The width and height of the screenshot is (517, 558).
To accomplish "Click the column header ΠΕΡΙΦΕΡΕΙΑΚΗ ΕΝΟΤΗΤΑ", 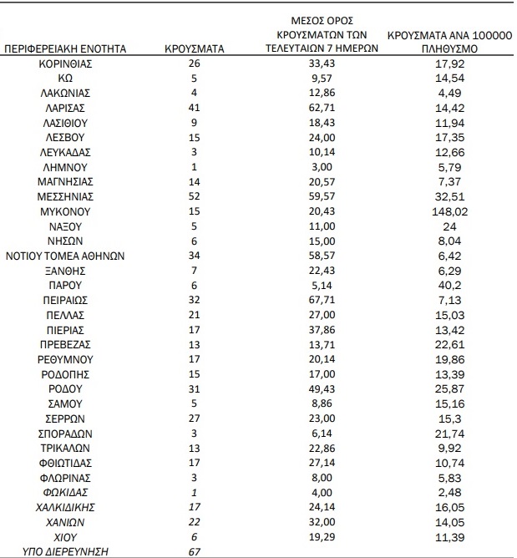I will pos(66,48).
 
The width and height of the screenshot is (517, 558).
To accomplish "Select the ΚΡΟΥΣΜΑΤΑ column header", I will pos(195,48).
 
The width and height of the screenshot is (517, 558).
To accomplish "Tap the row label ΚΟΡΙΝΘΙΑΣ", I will pos(65,63).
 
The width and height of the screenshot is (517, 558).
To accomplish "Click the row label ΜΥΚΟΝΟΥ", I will pos(65,211).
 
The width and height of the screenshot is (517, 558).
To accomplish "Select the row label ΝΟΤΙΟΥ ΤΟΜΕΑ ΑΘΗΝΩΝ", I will pos(66,256).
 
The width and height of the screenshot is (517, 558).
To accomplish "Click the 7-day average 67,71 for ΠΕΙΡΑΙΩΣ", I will pos(322,300).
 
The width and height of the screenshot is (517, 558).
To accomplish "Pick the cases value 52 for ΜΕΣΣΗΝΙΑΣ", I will pos(194,196).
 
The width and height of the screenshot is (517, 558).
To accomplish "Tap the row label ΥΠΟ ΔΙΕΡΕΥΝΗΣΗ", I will pos(65,551).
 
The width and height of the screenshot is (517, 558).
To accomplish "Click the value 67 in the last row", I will pos(194,551).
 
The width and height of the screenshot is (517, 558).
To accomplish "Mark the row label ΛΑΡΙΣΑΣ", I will pos(65,108).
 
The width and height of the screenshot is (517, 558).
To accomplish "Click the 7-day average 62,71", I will pos(322,108).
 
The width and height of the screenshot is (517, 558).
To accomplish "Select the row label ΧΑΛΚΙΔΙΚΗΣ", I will pos(65,507).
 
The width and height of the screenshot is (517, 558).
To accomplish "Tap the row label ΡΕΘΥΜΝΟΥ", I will pos(65,359).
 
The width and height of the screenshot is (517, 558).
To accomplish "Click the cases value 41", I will pos(194,108).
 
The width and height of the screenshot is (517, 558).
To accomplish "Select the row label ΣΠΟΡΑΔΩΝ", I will pos(65,433).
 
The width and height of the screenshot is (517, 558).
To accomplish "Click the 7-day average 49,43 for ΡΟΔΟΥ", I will pos(322,388).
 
